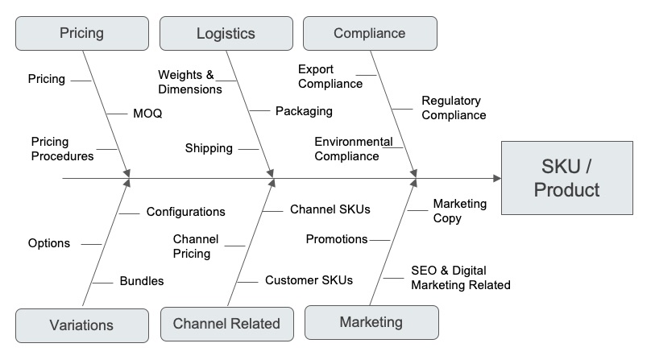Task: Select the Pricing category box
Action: click(81, 33)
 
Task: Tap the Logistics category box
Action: click(226, 33)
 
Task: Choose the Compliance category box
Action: click(369, 33)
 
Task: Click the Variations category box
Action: click(81, 325)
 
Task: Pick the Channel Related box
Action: click(226, 324)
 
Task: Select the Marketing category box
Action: click(371, 322)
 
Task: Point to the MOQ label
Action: click(147, 114)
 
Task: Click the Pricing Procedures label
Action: click(62, 149)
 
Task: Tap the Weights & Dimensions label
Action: click(189, 82)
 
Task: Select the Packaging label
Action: click(304, 111)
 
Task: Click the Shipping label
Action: click(209, 148)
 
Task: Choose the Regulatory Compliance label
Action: click(454, 108)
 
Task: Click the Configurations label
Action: click(185, 212)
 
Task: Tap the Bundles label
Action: click(142, 281)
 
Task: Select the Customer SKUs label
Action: click(309, 280)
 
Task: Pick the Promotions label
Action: click(337, 239)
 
